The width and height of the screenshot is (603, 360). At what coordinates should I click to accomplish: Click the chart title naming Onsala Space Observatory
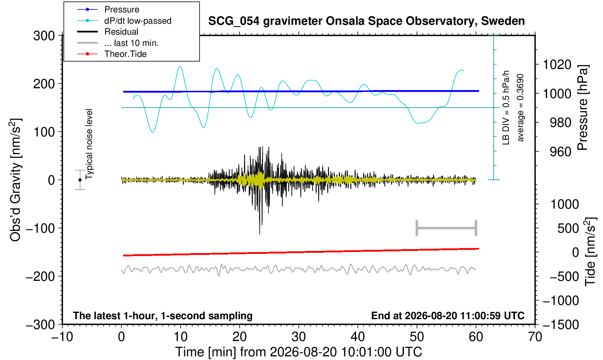366,21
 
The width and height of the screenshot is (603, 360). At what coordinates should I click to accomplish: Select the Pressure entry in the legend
122,9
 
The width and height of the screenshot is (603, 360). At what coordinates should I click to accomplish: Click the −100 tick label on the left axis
40,228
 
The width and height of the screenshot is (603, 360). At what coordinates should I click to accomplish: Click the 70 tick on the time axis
535,337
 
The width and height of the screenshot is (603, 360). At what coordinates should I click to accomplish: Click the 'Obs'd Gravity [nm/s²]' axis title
15,180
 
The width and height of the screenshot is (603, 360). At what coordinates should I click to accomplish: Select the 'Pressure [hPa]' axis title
583,108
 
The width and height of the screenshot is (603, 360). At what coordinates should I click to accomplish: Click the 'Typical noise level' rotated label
89,144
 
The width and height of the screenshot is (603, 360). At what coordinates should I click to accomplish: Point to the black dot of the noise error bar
80,180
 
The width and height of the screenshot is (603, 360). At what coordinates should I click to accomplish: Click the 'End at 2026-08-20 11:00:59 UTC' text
448,316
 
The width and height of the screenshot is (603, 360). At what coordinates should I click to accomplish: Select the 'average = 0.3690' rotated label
521,108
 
